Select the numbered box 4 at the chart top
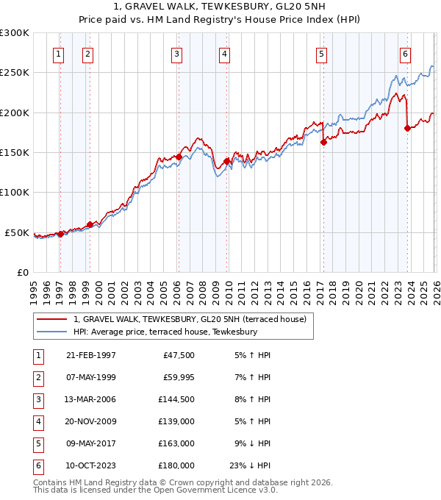tap(223, 53)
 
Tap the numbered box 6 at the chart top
tap(405, 53)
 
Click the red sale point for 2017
tap(323, 143)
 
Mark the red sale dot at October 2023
tap(407, 129)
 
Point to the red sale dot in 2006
tap(179, 157)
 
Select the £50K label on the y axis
tap(17, 232)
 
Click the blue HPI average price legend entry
tap(165, 332)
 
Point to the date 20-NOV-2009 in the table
tap(91, 421)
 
